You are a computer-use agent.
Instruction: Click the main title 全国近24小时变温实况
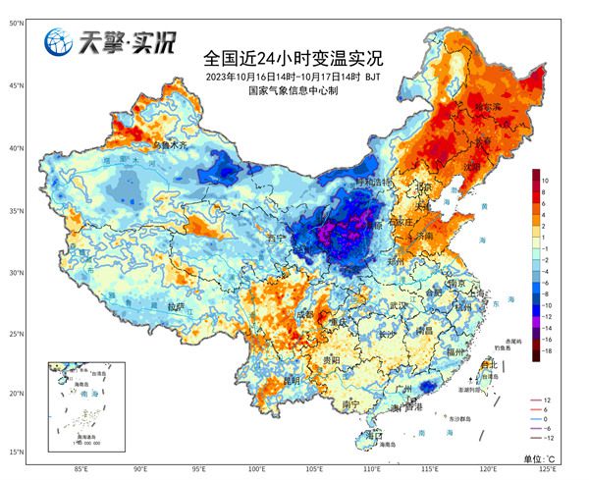(294, 56)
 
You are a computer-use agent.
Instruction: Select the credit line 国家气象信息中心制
(294, 90)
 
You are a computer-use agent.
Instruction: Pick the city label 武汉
(399, 306)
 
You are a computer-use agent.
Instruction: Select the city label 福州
(454, 350)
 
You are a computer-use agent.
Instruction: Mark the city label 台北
(488, 364)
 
